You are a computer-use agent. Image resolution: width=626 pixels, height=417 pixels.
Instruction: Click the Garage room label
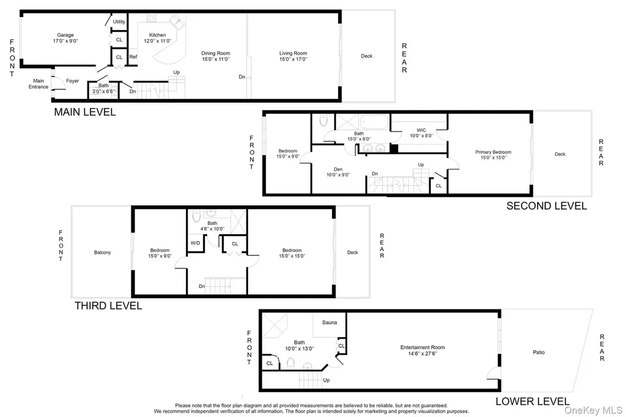[x=65, y=35]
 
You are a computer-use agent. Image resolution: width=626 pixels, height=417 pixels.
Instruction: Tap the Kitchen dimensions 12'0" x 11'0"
[x=158, y=41]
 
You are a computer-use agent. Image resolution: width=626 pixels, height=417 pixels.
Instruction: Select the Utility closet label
[x=119, y=22]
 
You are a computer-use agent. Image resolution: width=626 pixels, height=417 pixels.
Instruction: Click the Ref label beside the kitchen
[x=133, y=57]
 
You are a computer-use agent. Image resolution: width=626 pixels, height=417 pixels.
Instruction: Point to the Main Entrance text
[x=39, y=84]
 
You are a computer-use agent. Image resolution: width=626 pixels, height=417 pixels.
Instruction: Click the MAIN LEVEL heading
[x=85, y=113]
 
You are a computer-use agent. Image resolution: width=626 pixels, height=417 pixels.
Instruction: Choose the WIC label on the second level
[x=421, y=130]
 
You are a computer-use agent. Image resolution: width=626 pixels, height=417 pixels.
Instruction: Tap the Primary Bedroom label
[x=493, y=152]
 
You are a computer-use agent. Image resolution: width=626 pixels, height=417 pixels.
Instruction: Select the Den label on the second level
[x=338, y=169]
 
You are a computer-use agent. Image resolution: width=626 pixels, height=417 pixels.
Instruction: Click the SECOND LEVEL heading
[x=547, y=206]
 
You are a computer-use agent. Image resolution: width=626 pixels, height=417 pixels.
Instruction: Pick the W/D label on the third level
[x=195, y=243]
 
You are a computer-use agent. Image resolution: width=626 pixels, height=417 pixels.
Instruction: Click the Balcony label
[x=103, y=253]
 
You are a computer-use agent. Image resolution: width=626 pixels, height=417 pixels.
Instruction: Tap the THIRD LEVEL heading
[x=108, y=306]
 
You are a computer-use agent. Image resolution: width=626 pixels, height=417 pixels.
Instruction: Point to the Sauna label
[x=330, y=322]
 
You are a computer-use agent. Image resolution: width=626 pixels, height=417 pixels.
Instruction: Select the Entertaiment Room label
[x=422, y=347]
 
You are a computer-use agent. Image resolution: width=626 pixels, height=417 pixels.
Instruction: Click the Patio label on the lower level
[x=539, y=352]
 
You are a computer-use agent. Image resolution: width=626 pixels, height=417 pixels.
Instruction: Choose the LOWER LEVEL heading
[x=532, y=402]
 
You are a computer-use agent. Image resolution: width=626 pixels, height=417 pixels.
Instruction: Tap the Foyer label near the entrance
[x=73, y=81]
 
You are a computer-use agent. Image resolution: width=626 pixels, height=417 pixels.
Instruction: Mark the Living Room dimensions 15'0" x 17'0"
[x=293, y=59]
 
